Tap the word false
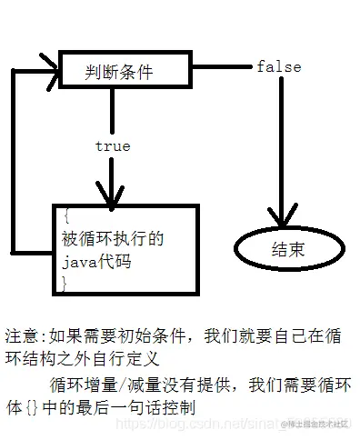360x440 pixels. pos(278,67)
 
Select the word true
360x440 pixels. pos(112,145)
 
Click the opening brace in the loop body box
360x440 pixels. pos(65,216)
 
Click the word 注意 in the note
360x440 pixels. pos(21,335)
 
